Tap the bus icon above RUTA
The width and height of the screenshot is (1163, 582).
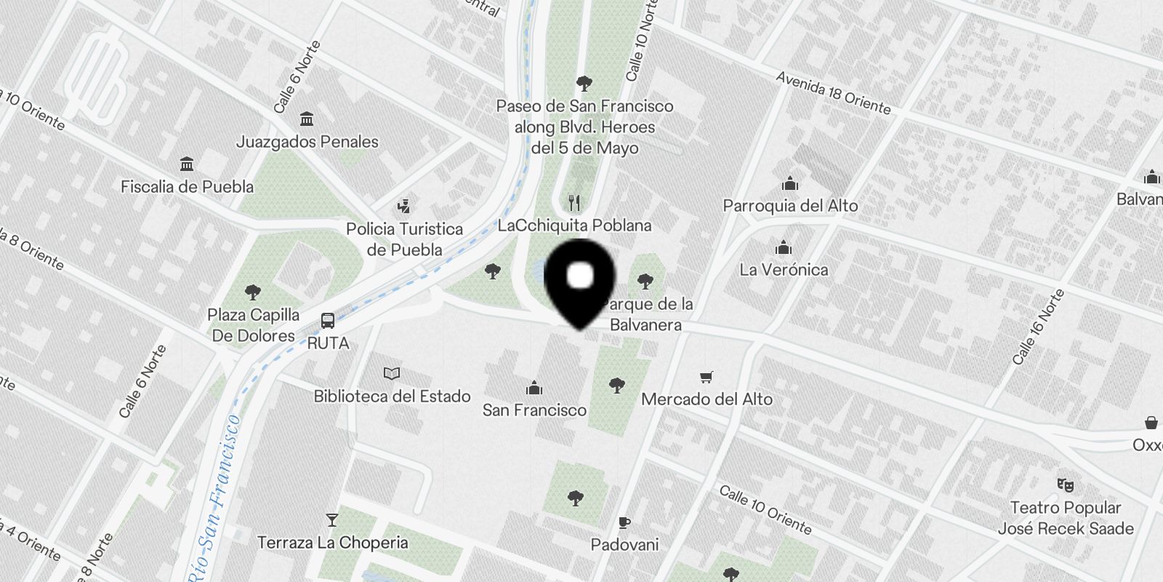328,321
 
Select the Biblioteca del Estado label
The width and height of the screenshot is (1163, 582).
392,396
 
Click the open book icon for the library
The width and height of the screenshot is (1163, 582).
392,374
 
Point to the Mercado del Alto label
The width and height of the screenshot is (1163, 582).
707,399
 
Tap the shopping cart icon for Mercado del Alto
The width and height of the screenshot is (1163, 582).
706,377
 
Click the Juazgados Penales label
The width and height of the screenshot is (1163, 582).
307,142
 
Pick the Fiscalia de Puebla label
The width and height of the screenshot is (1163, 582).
187,187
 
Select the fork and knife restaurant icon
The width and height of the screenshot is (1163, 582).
574,203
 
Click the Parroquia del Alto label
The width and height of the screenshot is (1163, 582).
790,206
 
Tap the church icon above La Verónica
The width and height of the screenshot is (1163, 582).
783,248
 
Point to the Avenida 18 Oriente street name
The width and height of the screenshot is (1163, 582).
833,93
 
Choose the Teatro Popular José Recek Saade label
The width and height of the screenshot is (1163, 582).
1066,518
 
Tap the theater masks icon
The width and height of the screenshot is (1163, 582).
1066,485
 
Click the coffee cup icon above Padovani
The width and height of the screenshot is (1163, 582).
624,522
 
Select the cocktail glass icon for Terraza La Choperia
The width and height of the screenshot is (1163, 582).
332,520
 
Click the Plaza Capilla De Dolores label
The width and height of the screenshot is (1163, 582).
253,325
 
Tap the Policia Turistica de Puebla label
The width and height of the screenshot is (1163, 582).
404,239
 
